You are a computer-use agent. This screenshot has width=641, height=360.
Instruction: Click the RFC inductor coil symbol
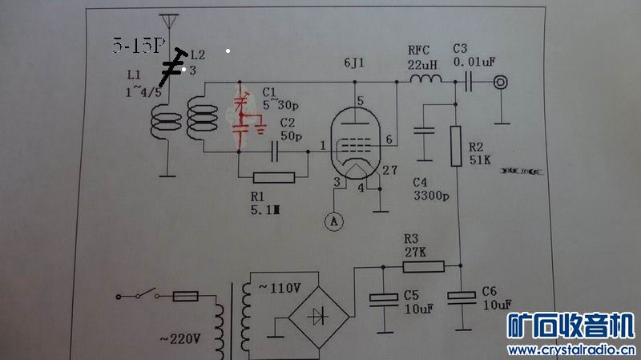(x=425, y=80)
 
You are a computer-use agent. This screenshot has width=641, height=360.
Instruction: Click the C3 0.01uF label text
(x=473, y=55)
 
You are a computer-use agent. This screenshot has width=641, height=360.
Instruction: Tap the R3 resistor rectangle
(x=422, y=265)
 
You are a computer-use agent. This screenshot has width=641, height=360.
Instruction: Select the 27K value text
(x=415, y=251)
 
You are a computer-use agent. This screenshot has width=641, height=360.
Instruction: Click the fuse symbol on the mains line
(x=187, y=296)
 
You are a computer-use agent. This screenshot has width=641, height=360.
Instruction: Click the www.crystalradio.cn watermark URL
(x=571, y=350)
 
